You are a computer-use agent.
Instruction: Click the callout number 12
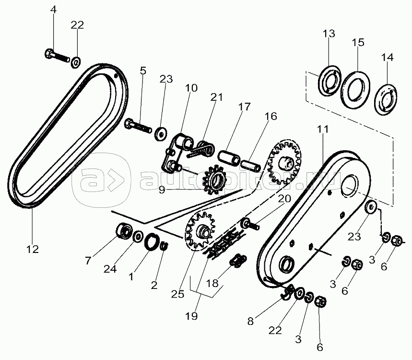[33, 249]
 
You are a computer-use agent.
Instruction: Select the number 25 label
[177, 294]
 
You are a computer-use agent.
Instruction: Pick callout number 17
[244, 107]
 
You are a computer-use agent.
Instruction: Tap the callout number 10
[191, 88]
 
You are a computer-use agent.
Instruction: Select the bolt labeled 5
[138, 127]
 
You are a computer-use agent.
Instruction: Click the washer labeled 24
[137, 236]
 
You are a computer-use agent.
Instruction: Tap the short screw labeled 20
[250, 223]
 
